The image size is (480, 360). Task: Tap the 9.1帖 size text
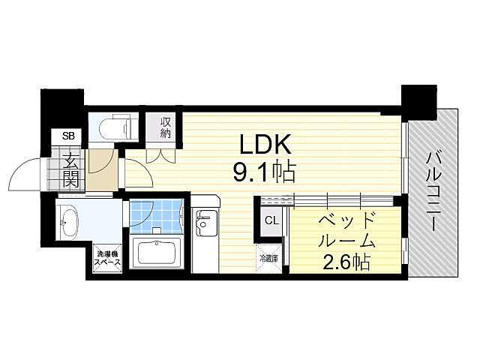pos(264,172)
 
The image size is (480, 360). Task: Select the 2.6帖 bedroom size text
pos(345,262)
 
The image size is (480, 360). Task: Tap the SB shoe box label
pos(68,136)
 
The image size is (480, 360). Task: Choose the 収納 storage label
pos(166,127)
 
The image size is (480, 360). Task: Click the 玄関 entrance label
pos(70,169)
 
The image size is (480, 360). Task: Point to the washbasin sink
pos(69,221)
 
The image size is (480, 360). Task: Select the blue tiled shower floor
pos(155,214)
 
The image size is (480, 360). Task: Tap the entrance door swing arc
pos(26,177)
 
